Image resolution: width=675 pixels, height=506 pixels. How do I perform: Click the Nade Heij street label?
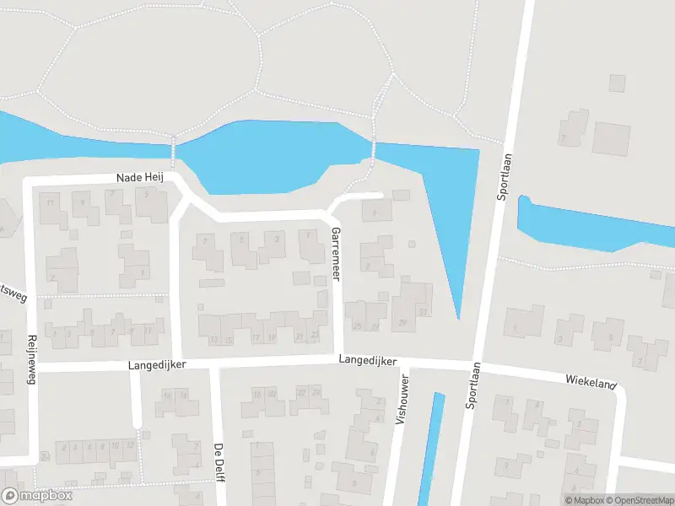[x=142, y=178]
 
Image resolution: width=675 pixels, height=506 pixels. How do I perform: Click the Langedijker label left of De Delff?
[x=156, y=365]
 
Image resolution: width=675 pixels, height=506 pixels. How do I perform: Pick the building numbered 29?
[x=402, y=323]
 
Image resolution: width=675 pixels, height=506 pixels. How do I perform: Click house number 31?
[x=423, y=313]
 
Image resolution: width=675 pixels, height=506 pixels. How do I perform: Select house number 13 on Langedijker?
[x=214, y=339]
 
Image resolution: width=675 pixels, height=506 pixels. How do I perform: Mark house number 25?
[x=358, y=326]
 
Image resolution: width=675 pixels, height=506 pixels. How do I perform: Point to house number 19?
[x=272, y=337]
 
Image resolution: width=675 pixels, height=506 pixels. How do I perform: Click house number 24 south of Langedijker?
[x=315, y=392]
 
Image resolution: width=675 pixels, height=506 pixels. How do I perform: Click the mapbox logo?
[x=37, y=496]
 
